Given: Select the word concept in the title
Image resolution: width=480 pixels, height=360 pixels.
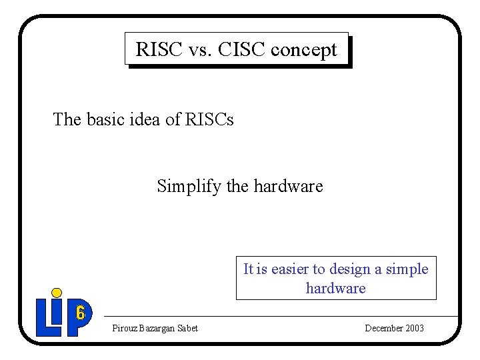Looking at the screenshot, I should point(309,50).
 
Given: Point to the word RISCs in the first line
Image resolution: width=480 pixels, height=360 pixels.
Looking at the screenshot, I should point(209,119).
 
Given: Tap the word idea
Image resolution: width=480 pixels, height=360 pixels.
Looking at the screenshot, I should point(145,119).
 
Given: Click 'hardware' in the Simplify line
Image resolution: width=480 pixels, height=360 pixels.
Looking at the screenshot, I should point(287,186).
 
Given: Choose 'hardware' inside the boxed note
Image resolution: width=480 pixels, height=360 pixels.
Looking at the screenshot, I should point(335,288).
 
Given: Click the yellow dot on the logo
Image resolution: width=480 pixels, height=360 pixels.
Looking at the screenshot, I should point(57,292).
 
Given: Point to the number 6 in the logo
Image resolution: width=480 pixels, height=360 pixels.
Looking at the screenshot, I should point(80,312).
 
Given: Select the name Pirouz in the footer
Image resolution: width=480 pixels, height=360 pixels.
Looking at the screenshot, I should point(124,328).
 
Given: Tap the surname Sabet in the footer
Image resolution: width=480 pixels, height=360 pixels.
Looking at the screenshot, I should point(187,328).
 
